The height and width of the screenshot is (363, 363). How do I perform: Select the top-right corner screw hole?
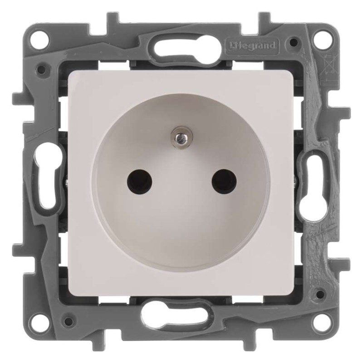322,37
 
